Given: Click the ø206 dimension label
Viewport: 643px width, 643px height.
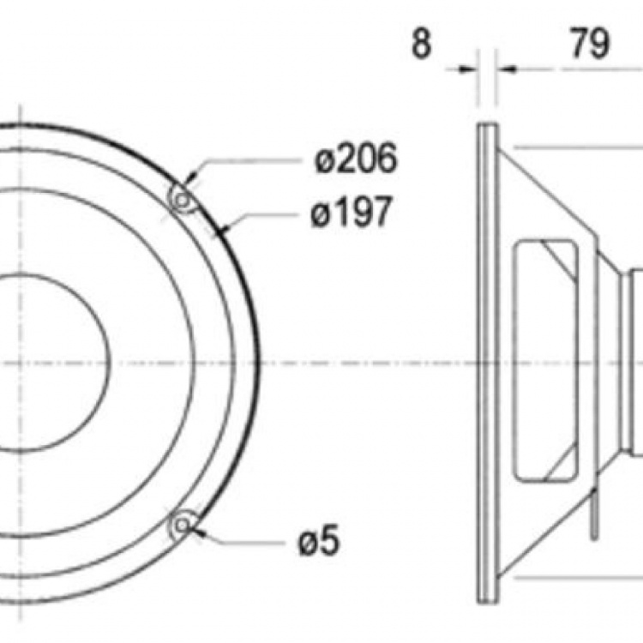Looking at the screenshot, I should tap(355, 159).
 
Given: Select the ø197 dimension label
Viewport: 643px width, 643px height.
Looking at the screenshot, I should tap(352, 213).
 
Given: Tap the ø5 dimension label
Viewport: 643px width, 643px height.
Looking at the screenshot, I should tap(320, 542).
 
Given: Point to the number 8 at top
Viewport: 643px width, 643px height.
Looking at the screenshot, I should tap(420, 44).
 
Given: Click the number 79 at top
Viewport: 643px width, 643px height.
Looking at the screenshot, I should tap(590, 44).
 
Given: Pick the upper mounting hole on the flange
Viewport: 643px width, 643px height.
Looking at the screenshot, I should tap(183, 200).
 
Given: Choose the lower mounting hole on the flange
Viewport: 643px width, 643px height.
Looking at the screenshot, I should tap(182, 525).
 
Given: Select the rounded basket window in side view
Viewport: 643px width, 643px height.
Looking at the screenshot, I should tap(545, 360).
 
